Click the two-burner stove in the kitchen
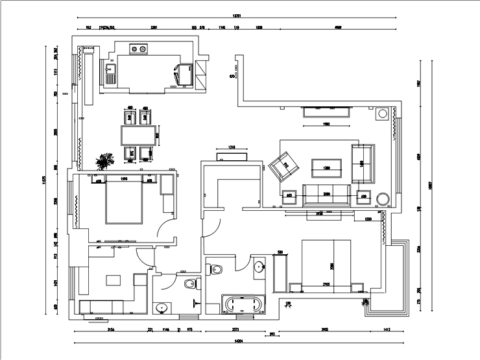point(138,47)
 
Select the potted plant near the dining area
point(102,161)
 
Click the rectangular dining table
point(139,136)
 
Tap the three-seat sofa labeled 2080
point(327,193)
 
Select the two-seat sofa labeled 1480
point(363,163)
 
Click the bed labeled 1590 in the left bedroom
point(123,200)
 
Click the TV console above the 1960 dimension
point(327,112)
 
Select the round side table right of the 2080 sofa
point(383,198)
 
